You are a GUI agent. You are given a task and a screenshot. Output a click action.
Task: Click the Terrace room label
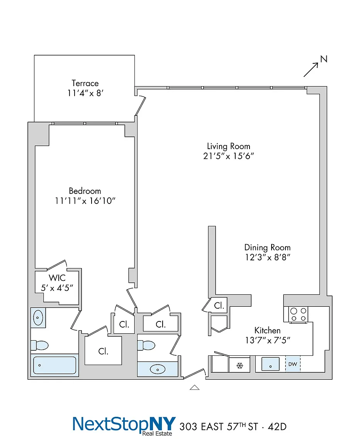(x=85, y=83)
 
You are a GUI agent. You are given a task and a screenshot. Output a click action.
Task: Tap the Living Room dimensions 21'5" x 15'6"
(x=228, y=156)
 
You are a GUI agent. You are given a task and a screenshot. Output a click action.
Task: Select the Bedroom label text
(x=85, y=191)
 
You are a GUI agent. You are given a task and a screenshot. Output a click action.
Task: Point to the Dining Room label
(x=268, y=248)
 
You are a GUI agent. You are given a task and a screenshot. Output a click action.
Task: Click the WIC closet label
(x=57, y=278)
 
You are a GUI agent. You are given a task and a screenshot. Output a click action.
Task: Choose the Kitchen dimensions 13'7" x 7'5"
(x=268, y=340)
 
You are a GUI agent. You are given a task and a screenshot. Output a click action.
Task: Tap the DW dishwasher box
(x=293, y=364)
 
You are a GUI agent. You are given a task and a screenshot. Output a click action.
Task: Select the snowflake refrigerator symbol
(x=240, y=365)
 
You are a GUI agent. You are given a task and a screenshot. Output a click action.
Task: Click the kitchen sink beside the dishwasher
(x=270, y=364)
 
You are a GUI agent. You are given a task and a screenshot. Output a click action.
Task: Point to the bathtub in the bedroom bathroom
(x=54, y=365)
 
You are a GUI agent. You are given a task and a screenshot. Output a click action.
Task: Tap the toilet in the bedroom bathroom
(x=39, y=345)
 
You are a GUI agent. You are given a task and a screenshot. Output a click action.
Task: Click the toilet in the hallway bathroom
(x=146, y=345)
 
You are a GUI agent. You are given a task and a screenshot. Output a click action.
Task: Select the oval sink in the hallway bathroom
(x=158, y=370)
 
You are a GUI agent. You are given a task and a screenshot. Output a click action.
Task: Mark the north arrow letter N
(x=324, y=59)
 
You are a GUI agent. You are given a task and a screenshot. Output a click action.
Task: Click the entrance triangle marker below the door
(x=194, y=387)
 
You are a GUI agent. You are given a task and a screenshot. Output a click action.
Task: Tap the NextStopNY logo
(x=124, y=425)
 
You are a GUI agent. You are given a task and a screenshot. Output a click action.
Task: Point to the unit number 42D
(x=277, y=426)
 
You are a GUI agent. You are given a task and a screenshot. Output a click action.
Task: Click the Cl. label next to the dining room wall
(x=219, y=306)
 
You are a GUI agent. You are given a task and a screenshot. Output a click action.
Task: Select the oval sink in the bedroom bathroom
(x=38, y=318)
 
